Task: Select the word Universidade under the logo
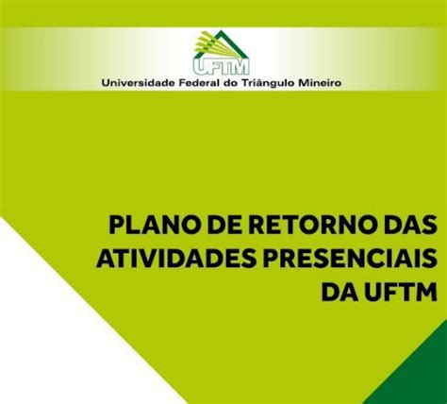click(x=139, y=83)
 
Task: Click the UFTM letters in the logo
click(x=221, y=67)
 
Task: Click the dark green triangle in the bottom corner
click(x=418, y=376)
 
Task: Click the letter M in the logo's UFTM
click(x=240, y=67)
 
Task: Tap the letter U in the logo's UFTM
click(x=200, y=67)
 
